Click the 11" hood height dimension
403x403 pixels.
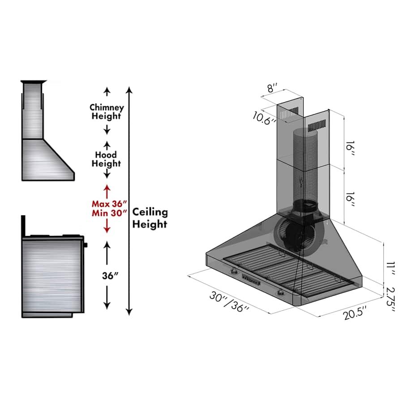pos(391,270)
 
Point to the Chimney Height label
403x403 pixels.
pos(106,112)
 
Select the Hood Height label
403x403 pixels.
pos(106,159)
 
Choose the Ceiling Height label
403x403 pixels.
pos(150,218)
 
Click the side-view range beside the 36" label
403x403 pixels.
pos(53,273)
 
